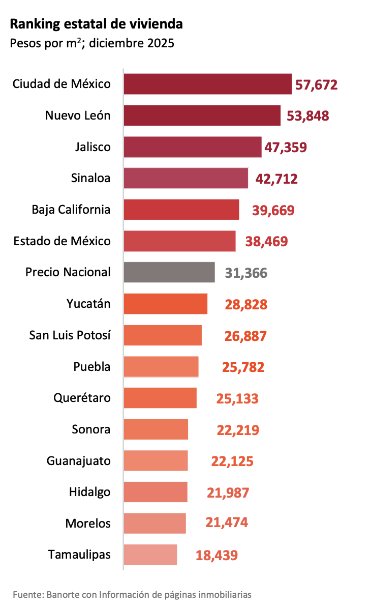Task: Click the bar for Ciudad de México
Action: [x=207, y=84]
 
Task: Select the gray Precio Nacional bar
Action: [x=169, y=272]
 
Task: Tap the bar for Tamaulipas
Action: [x=150, y=554]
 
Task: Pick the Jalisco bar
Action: [x=193, y=147]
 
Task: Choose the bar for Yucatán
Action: [x=166, y=304]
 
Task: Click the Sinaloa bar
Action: [x=186, y=178]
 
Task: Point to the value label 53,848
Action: [x=307, y=116]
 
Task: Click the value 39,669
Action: [x=273, y=210]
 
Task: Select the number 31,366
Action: [x=246, y=273]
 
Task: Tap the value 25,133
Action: [x=237, y=398]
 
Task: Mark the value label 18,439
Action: [x=217, y=555]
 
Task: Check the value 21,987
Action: [x=228, y=493]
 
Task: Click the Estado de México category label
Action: [x=62, y=241]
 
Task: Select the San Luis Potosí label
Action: [x=70, y=335]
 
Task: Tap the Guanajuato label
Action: [x=78, y=461]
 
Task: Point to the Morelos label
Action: [x=88, y=524]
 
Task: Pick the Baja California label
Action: [x=71, y=210]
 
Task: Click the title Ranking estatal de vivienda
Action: [x=97, y=24]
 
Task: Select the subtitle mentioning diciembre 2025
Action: [x=92, y=43]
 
